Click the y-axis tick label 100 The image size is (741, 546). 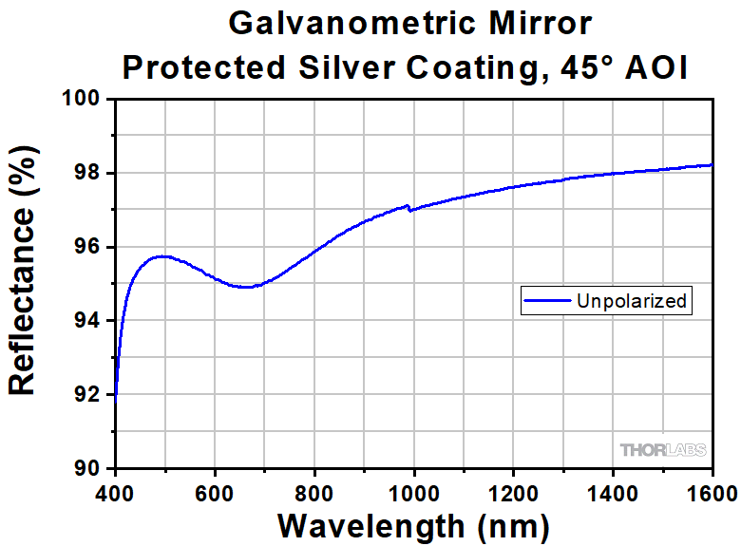[81, 99]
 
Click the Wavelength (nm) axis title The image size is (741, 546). [413, 525]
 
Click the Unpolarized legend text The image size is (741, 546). [631, 301]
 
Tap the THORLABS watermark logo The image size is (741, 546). [663, 450]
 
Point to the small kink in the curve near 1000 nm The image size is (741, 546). [408, 207]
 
